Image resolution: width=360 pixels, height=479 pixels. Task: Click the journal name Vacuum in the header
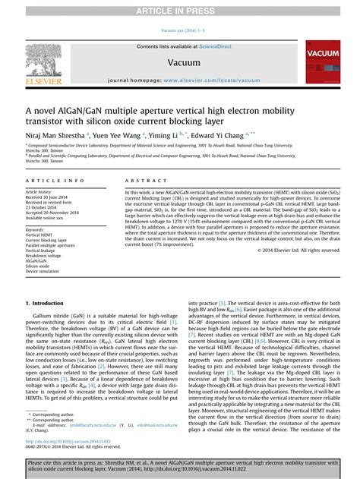(180, 64)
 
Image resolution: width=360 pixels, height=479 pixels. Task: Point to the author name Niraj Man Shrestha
(53, 133)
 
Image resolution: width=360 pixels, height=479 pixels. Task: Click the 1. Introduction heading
(47, 301)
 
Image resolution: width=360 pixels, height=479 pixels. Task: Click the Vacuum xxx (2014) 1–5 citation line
(180, 31)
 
